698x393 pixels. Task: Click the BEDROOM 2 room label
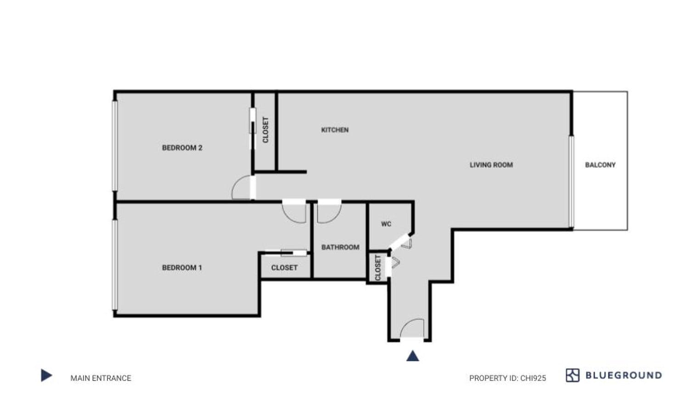click(x=182, y=148)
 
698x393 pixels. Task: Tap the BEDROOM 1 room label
click(x=182, y=268)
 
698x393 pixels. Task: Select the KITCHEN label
click(x=335, y=130)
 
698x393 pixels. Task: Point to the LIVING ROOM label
click(x=491, y=165)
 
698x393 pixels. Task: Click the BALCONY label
click(x=601, y=165)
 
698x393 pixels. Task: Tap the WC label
click(x=386, y=224)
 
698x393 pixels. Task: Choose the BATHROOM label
click(x=340, y=247)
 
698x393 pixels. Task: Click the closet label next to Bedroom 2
click(x=265, y=130)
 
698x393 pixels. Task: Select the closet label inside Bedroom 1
click(x=285, y=268)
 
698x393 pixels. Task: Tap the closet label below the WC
click(x=378, y=268)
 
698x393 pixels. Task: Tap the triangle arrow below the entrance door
click(x=412, y=356)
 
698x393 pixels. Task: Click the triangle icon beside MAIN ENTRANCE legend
click(x=46, y=375)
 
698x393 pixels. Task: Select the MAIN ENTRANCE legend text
click(x=101, y=378)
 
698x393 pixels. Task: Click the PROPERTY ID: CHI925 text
click(x=507, y=378)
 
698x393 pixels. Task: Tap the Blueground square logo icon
click(x=573, y=375)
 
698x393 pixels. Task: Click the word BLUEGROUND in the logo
click(x=624, y=375)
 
